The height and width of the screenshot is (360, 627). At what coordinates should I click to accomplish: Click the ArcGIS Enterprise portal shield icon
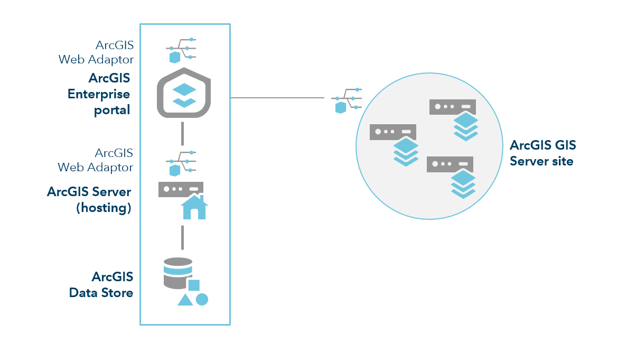click(x=184, y=93)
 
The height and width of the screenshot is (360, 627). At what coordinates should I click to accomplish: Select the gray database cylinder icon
click(x=178, y=273)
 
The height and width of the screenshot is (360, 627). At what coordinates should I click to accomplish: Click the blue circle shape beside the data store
click(x=202, y=299)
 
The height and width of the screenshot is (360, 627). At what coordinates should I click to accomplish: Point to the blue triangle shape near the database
click(x=185, y=300)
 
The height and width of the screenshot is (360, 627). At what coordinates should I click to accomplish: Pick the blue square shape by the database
click(x=194, y=285)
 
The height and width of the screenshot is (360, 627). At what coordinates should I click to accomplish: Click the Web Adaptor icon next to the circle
click(x=347, y=100)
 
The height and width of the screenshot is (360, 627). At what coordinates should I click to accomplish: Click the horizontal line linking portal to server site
click(x=277, y=98)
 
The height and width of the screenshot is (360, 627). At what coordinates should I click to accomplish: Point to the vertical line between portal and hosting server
click(x=182, y=133)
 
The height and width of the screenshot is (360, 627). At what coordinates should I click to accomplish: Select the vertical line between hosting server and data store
click(x=182, y=237)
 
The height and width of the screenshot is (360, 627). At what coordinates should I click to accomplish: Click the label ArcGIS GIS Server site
click(x=542, y=153)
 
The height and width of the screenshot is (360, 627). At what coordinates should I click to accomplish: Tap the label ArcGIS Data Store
click(x=101, y=284)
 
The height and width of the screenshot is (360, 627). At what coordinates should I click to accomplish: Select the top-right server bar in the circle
click(x=452, y=106)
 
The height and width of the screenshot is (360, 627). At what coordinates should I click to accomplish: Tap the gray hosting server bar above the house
click(x=181, y=189)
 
